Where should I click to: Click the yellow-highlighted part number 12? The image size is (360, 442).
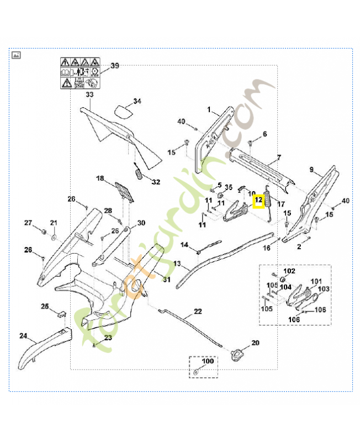tap(258, 201)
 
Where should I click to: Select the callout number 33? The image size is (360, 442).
tap(89, 94)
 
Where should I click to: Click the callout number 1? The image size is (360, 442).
tap(209, 110)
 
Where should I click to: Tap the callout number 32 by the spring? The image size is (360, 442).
tap(156, 182)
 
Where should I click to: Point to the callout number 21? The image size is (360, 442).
tap(54, 223)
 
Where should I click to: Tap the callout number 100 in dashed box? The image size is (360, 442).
tap(207, 361)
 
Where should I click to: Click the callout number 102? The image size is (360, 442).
tap(289, 271)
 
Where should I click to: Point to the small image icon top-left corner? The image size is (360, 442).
tap(16, 55)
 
